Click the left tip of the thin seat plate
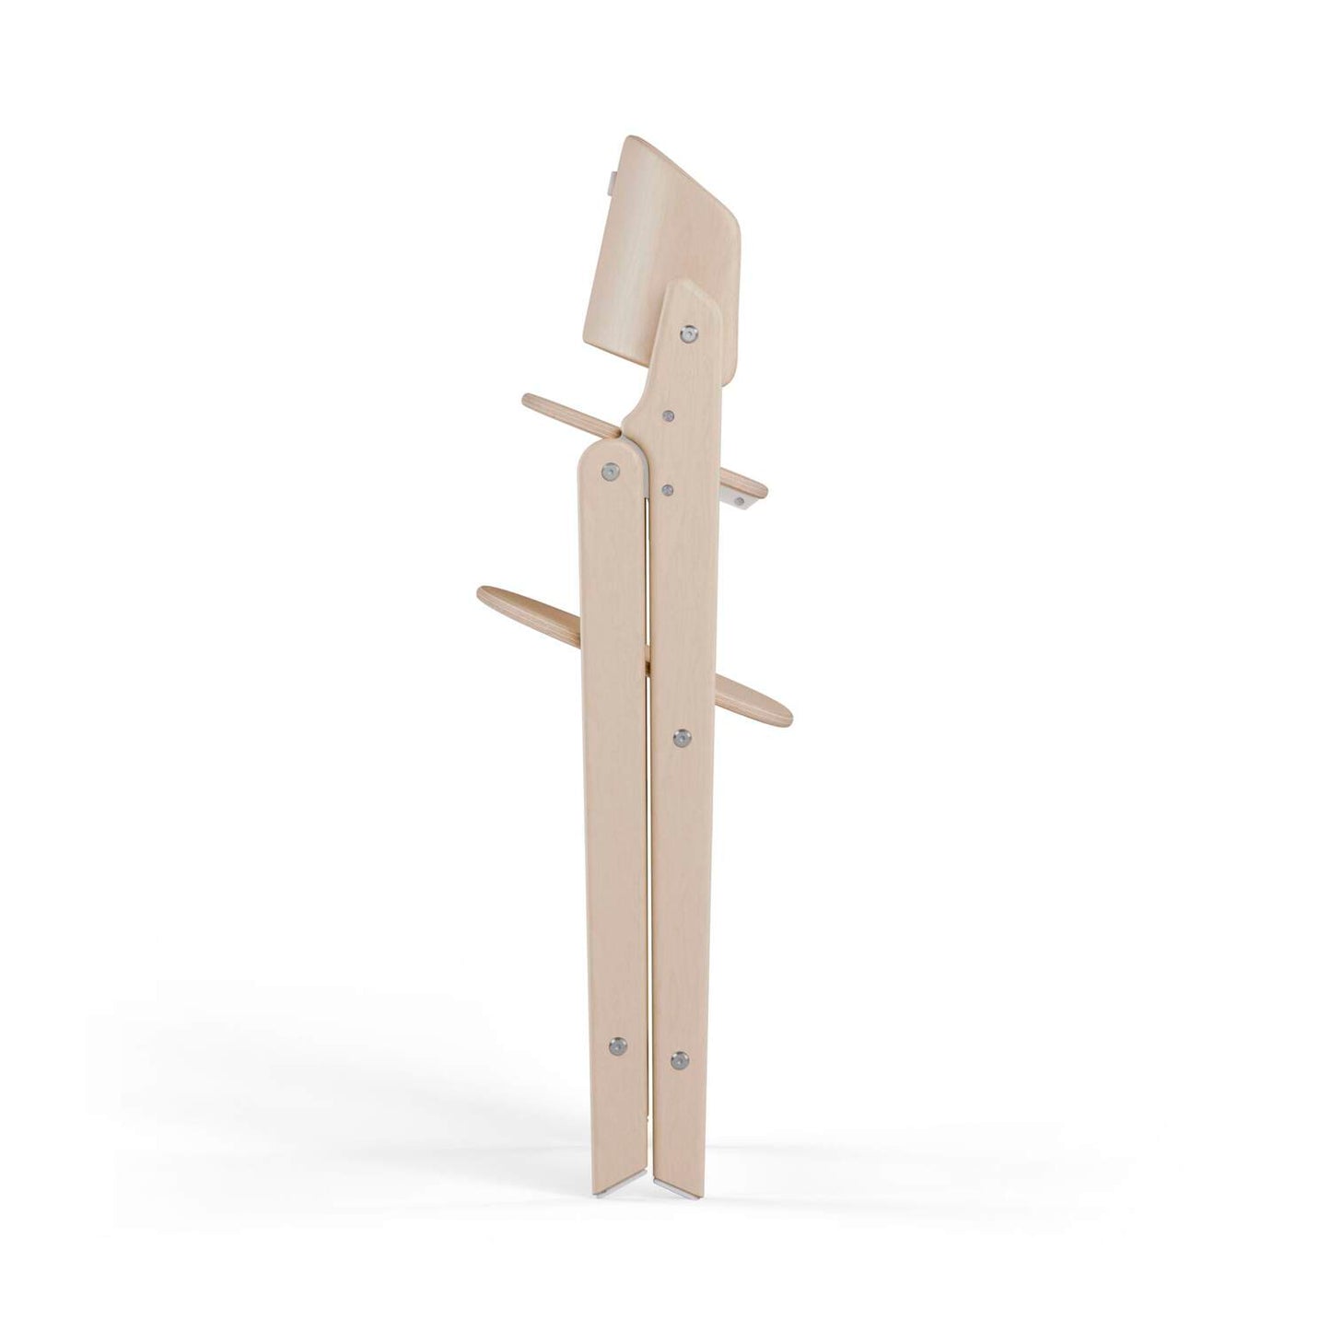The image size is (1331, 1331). click(529, 402)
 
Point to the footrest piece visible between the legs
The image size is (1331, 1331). click(648, 661)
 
